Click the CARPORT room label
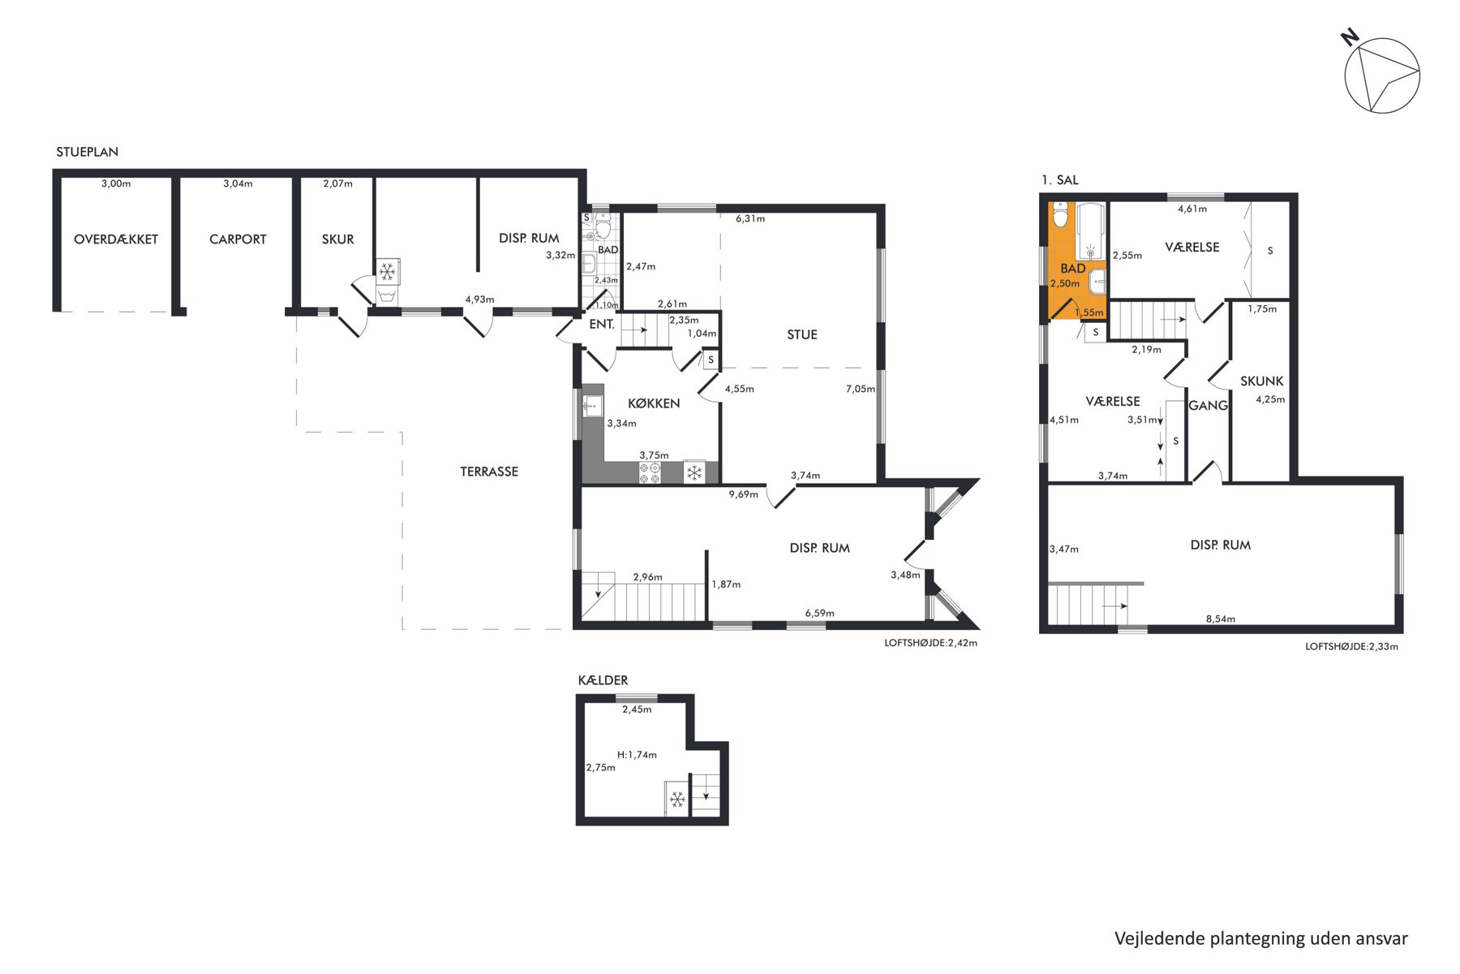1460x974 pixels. [x=238, y=239]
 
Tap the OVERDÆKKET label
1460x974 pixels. [x=116, y=239]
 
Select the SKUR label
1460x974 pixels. [x=337, y=239]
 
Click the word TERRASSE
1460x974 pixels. [x=489, y=472]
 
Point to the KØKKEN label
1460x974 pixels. [x=654, y=403]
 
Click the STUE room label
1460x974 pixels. [x=802, y=334]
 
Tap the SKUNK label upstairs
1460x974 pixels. [x=1262, y=381]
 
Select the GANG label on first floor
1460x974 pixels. [x=1208, y=405]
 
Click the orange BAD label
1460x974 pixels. [x=1073, y=269]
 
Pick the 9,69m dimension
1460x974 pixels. [x=743, y=494]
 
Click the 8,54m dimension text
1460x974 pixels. [x=1221, y=618]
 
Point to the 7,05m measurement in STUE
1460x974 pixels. [x=861, y=389]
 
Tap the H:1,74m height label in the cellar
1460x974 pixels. [x=637, y=755]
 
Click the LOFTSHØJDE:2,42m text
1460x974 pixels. [x=930, y=643]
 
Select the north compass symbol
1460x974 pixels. [x=1381, y=73]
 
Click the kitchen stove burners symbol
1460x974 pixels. [x=650, y=473]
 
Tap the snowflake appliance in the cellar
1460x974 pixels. [x=676, y=800]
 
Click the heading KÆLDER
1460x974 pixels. [x=603, y=680]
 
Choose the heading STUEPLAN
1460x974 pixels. [x=87, y=152]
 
